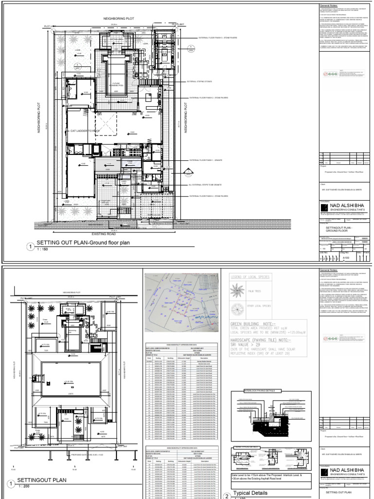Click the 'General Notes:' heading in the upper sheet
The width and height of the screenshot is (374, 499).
pyautogui.click(x=331, y=4)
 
